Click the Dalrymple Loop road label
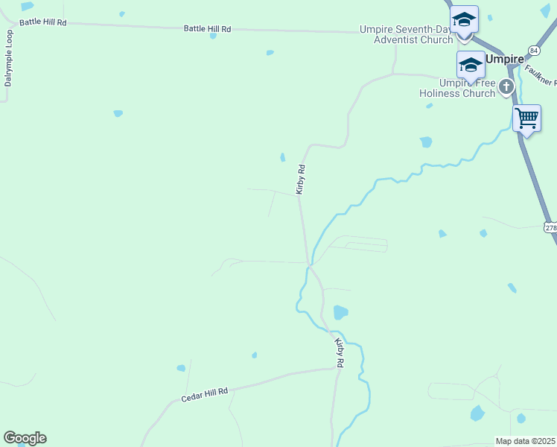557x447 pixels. [8, 58]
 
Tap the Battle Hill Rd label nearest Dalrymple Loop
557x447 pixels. [43, 22]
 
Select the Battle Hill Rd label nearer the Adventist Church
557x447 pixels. [208, 29]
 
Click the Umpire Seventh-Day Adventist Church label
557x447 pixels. [406, 34]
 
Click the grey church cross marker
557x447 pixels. [506, 87]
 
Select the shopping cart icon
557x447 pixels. [526, 118]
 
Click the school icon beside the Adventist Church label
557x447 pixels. [464, 20]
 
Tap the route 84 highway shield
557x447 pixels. [533, 50]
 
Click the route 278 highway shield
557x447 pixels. [550, 226]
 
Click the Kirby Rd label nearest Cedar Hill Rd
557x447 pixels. [340, 352]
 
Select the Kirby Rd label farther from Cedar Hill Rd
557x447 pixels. [301, 180]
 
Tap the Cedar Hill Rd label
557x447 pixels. [204, 395]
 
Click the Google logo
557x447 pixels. [25, 438]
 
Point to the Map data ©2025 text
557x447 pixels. [526, 441]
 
